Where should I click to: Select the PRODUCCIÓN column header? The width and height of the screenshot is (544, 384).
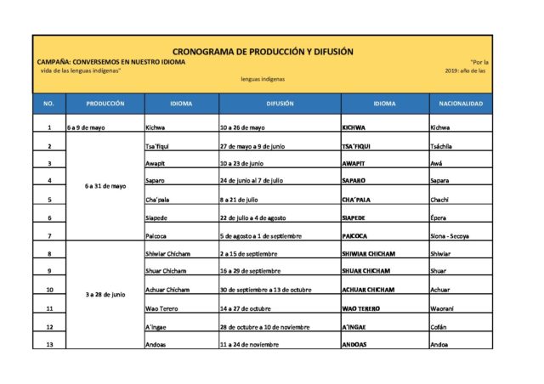click(x=105, y=104)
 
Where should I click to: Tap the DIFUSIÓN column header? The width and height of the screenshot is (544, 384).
click(x=280, y=104)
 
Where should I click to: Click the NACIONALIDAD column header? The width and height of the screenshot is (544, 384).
click(x=461, y=104)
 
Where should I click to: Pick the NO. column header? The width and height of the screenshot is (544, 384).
click(x=48, y=104)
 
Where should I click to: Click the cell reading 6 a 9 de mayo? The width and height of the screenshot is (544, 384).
click(x=86, y=127)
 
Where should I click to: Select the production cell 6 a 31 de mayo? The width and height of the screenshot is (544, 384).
click(x=105, y=185)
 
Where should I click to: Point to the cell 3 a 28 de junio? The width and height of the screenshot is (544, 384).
click(x=105, y=294)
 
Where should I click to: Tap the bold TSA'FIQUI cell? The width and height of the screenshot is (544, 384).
click(x=357, y=146)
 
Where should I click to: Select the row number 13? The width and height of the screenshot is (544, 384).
click(x=49, y=344)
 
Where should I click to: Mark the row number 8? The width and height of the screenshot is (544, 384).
click(x=49, y=253)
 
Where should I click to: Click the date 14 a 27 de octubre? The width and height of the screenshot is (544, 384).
click(x=244, y=308)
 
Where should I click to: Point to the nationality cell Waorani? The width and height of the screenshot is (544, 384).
click(x=445, y=308)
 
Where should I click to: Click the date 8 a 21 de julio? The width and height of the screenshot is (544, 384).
click(x=238, y=200)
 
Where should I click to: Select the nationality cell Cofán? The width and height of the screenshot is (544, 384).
click(x=439, y=326)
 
